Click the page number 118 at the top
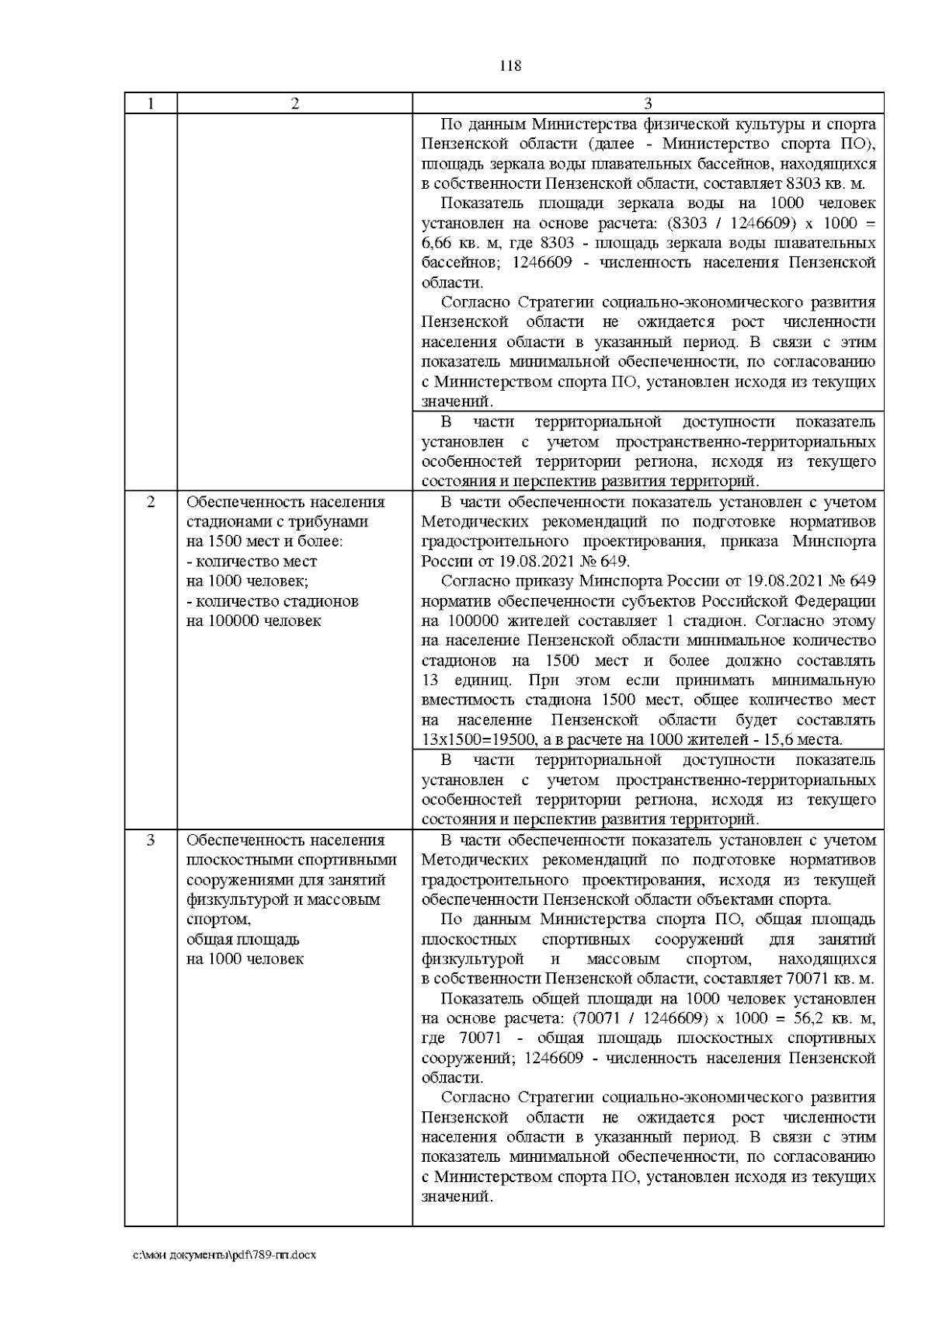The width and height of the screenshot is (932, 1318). coord(509,66)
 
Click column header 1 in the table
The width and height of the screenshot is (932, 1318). coord(151,103)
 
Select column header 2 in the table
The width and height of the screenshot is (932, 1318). coord(294,103)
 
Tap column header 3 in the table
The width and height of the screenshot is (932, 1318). coord(648,103)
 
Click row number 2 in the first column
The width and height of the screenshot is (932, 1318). coord(151,502)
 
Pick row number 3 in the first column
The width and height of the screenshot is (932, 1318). coord(151,840)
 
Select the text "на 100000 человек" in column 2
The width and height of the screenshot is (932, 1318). coord(253,621)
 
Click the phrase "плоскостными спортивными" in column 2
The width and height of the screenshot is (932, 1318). coord(292,861)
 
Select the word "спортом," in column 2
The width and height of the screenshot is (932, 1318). coord(218,920)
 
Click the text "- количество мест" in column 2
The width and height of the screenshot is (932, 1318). coord(252,562)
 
